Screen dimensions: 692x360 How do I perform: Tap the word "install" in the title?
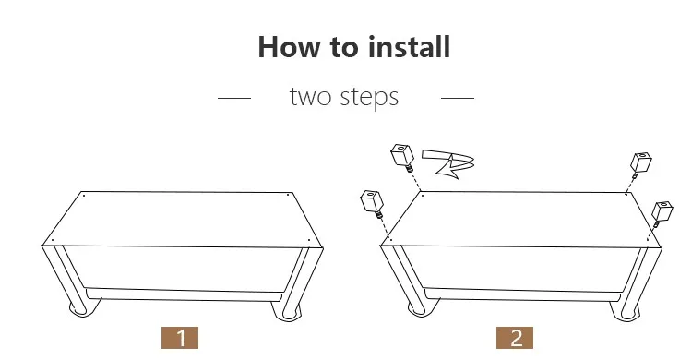[409, 46]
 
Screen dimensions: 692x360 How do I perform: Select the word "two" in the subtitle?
[310, 97]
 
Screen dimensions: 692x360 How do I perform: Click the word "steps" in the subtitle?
[369, 98]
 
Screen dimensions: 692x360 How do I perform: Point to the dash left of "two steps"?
[234, 98]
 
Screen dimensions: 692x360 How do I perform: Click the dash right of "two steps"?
[458, 98]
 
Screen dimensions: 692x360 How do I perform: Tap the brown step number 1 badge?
[180, 338]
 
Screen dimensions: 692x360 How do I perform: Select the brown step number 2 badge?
[515, 338]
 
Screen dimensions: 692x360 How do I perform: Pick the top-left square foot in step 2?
[402, 157]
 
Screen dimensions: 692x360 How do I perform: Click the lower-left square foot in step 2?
[372, 204]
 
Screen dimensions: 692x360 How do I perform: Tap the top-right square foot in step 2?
[641, 164]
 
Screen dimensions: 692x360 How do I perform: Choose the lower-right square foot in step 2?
[662, 213]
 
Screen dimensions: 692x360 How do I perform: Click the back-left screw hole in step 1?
[83, 195]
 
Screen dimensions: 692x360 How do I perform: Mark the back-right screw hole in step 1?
[288, 195]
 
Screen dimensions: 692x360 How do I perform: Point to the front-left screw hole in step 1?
[53, 241]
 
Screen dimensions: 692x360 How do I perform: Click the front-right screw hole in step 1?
[309, 241]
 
